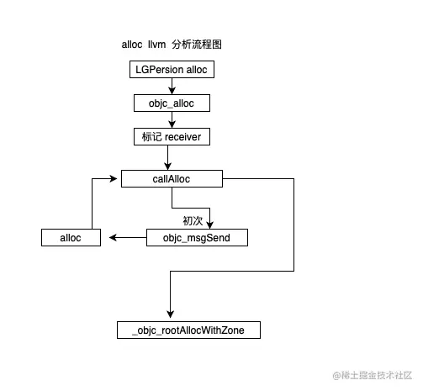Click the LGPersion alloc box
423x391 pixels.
[172, 70]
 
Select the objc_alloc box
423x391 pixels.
[172, 103]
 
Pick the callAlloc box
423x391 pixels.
[172, 178]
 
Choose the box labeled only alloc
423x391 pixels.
[71, 238]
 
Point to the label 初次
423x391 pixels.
[193, 220]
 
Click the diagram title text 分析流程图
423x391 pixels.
[198, 44]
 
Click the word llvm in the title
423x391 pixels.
[158, 44]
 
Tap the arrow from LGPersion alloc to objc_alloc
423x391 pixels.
[172, 86]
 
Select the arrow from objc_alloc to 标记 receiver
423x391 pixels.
[172, 119]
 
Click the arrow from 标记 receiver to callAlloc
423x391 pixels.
[168, 157]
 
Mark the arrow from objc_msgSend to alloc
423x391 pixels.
[124, 238]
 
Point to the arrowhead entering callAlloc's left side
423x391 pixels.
[116, 178]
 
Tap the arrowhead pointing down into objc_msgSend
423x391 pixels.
[211, 225]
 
